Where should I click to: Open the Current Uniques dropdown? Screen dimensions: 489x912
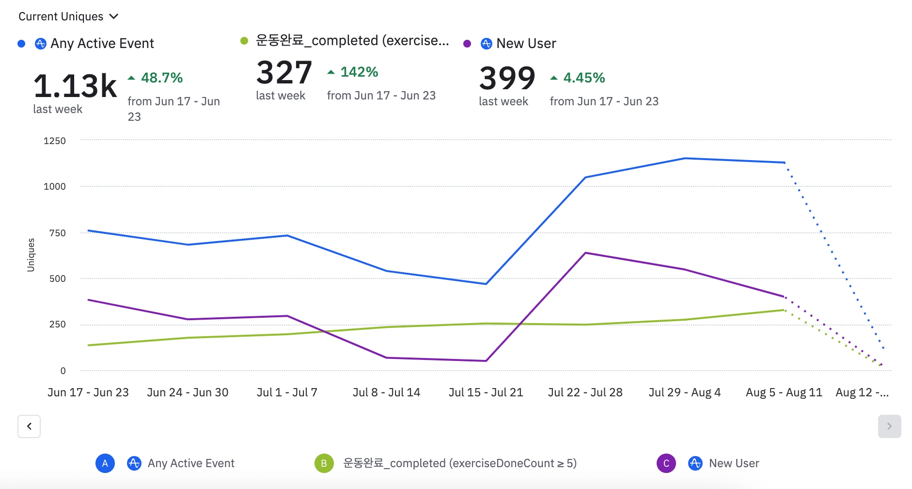pos(68,16)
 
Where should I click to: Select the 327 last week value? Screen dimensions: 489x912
pos(284,73)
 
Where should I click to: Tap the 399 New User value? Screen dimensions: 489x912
pos(507,78)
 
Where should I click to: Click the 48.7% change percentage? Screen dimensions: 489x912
pos(161,78)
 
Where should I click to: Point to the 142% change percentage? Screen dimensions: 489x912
pos(359,72)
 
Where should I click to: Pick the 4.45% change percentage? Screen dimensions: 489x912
pos(584,78)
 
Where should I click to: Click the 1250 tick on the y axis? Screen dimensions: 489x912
pos(55,141)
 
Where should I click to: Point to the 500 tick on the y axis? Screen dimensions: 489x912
pos(57,278)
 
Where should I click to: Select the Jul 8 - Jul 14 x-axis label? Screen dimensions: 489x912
pos(386,392)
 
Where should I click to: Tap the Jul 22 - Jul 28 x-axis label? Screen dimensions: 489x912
pos(585,392)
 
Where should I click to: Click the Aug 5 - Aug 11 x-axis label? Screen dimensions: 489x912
pos(784,392)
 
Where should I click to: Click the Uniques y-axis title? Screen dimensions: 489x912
pos(31,255)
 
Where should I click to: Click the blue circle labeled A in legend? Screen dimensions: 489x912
pos(105,463)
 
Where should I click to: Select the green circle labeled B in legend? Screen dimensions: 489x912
pos(324,463)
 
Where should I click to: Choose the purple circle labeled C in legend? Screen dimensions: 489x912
pos(666,463)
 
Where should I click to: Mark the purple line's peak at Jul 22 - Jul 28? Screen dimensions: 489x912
pos(585,253)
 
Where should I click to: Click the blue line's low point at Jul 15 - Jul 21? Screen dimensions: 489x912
pos(486,284)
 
